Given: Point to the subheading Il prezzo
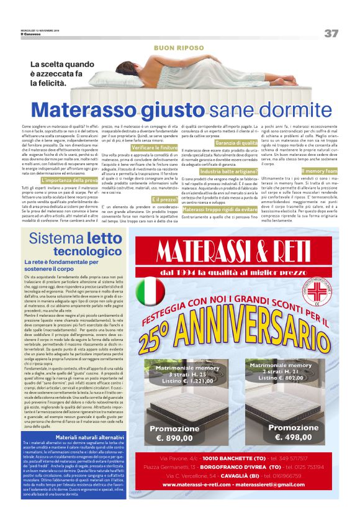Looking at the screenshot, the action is [x=164, y=199].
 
